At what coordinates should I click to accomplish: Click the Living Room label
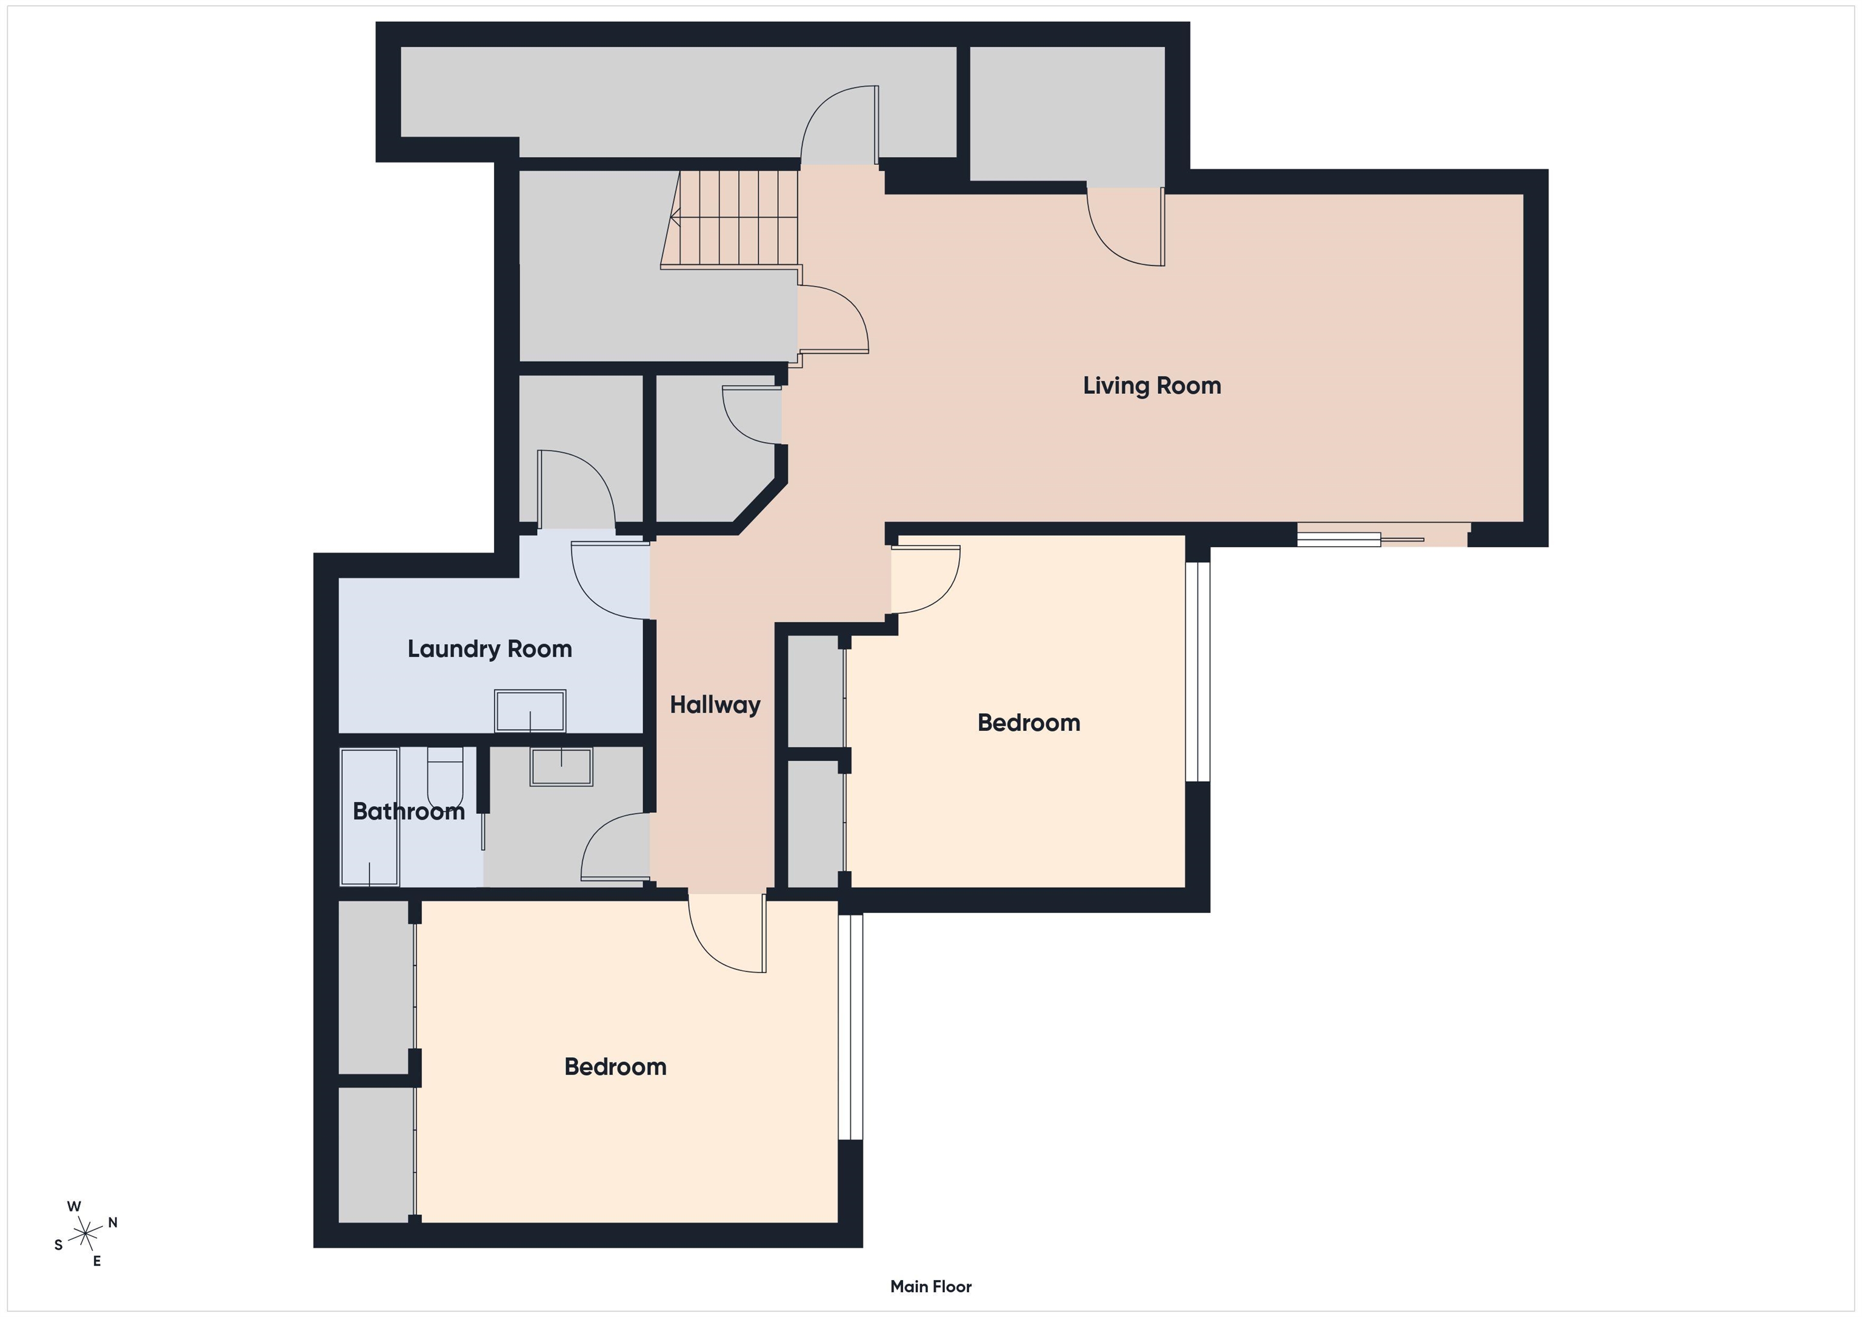[x=1152, y=385]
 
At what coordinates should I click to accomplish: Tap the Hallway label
[x=715, y=705]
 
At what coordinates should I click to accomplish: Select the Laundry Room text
[x=490, y=648]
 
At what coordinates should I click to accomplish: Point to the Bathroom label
[x=409, y=811]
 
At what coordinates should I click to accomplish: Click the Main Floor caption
[x=931, y=1286]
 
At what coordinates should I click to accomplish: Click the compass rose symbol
[x=84, y=1233]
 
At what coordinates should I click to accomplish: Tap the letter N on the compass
[x=113, y=1222]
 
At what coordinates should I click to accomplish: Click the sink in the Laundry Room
[x=530, y=710]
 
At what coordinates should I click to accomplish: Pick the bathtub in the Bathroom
[x=370, y=816]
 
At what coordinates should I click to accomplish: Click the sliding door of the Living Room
[x=1383, y=535]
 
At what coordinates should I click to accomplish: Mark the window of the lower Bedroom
[x=850, y=1027]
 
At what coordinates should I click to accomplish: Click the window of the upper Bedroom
[x=1198, y=672]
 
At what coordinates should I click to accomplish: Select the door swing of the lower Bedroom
[x=727, y=933]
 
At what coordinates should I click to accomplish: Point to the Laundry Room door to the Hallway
[x=610, y=580]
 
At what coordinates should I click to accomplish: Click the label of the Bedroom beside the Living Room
[x=1029, y=722]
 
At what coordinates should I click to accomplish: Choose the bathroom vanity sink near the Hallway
[x=561, y=766]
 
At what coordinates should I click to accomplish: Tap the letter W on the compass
[x=74, y=1206]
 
